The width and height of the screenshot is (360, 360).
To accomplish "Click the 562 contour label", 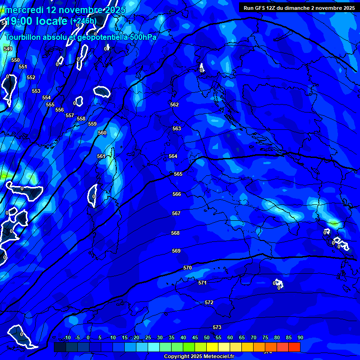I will coord(174,105).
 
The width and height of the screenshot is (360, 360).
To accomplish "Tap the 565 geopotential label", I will coord(178,174).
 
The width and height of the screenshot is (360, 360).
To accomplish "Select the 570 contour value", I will coord(187,268).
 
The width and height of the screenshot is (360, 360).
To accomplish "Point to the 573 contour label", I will coord(217,327).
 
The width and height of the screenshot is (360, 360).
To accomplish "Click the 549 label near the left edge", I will coord(8,49).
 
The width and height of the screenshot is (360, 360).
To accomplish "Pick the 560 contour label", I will coord(102,133).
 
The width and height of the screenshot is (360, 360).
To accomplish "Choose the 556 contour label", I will coord(60,110).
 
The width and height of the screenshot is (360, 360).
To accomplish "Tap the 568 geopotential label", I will coord(175,233).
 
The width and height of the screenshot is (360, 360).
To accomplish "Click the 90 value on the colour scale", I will coord(300,337).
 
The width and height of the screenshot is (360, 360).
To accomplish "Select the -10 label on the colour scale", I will coord(67,337).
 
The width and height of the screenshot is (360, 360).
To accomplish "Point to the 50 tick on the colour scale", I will coord(207,337).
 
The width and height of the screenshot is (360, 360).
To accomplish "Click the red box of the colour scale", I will coord(294,347).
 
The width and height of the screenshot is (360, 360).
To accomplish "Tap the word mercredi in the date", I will coord(23,10).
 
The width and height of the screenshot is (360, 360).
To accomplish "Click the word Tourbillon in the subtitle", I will coord(25,37).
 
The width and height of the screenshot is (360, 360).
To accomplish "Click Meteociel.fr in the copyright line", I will coord(217,357).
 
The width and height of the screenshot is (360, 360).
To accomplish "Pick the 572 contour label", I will coord(209,302).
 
